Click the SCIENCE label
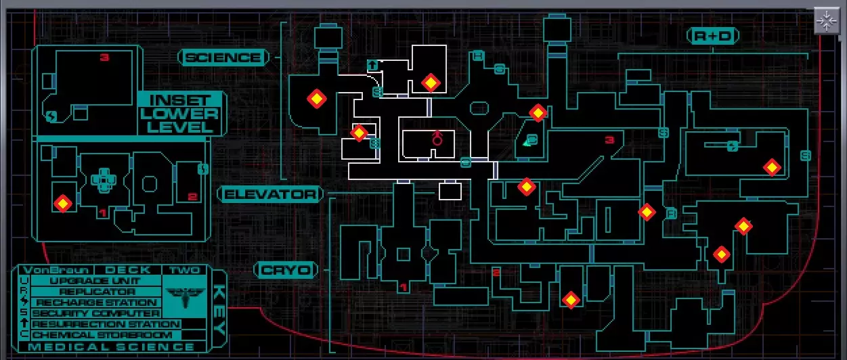tap(223, 58)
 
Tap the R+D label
tap(712, 36)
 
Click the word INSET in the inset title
tap(179, 99)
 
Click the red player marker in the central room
tap(437, 139)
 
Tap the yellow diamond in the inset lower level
tap(63, 203)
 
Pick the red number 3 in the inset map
tap(104, 58)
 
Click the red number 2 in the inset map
tap(192, 197)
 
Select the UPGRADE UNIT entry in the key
tap(95, 281)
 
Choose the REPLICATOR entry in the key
tap(95, 292)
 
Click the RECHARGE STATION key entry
tap(95, 302)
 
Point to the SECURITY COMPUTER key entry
tap(95, 313)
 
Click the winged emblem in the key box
tap(184, 296)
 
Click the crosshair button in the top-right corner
tap(826, 21)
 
